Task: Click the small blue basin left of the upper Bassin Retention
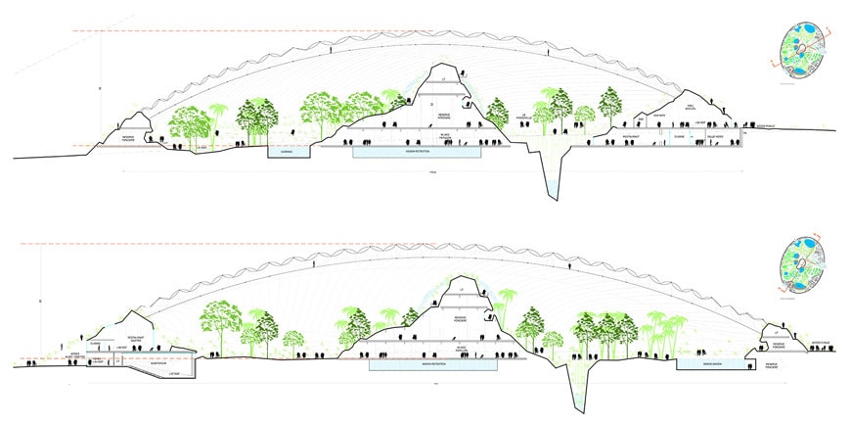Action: tap(287, 152)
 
